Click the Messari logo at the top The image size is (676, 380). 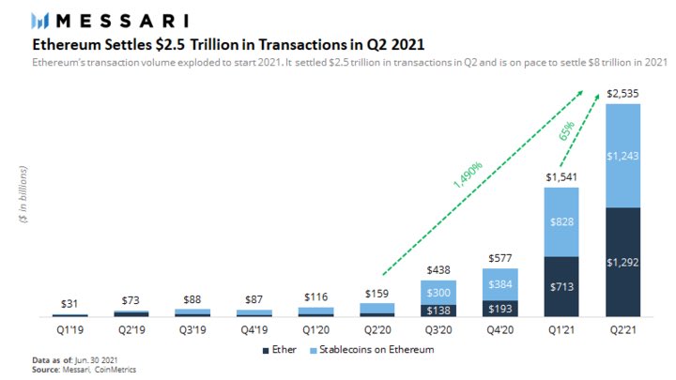pyautogui.click(x=109, y=20)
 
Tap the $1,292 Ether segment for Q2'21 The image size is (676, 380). pyautogui.click(x=623, y=261)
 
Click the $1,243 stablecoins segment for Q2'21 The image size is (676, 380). pyautogui.click(x=623, y=155)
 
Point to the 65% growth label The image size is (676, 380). pyautogui.click(x=567, y=130)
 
